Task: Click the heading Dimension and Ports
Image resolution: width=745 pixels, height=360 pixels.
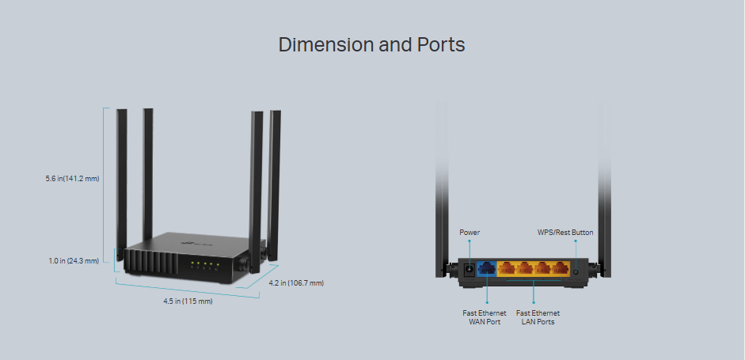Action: tap(371, 44)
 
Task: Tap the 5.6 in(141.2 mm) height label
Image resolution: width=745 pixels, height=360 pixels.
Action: tap(72, 179)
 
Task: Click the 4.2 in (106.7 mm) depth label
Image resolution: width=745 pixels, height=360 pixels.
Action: tap(295, 282)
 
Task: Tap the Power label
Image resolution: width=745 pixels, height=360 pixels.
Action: tap(469, 233)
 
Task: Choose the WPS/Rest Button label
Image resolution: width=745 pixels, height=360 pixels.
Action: tap(565, 233)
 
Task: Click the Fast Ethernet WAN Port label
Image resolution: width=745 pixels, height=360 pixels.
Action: tap(485, 317)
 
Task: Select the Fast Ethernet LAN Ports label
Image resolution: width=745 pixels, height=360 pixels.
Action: tap(538, 317)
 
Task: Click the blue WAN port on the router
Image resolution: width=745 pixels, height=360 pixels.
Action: tap(487, 267)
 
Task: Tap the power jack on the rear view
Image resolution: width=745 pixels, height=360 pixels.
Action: tap(468, 268)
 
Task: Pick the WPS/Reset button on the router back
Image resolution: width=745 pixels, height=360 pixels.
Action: tap(576, 270)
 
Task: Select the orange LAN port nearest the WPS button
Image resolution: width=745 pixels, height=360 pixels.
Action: tap(561, 267)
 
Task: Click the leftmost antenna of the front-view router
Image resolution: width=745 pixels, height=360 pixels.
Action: tap(122, 174)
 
